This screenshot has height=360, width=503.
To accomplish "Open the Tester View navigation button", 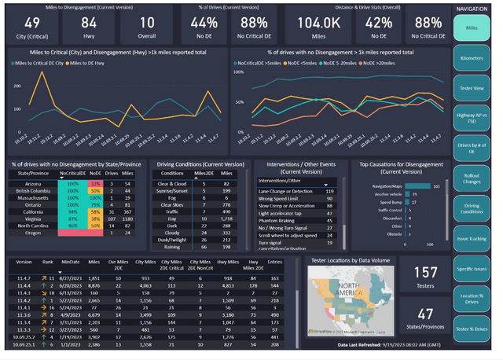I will tap(472, 86).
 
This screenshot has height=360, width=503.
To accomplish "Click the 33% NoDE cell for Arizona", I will tap(95, 183).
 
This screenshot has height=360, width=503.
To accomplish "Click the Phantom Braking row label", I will tap(279, 221).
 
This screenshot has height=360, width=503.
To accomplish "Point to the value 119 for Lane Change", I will tap(329, 191).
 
